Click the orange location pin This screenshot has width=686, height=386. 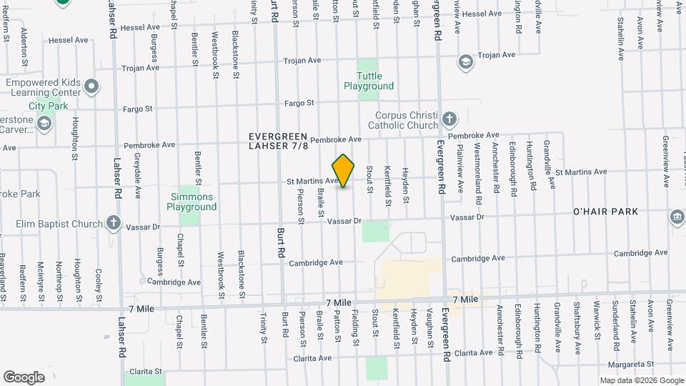[x=344, y=171]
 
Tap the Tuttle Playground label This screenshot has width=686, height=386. [x=369, y=81]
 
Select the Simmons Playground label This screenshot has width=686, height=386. [x=192, y=202]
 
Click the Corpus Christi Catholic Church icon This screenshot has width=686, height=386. [x=449, y=119]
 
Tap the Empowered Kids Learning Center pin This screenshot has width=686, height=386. [x=91, y=88]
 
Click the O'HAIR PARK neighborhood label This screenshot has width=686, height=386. [x=605, y=212]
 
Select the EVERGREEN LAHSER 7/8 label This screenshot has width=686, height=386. [x=279, y=141]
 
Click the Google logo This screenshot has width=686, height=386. [x=24, y=377]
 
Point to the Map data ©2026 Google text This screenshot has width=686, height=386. [x=641, y=380]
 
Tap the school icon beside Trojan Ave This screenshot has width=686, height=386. [x=466, y=62]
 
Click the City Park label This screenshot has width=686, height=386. [x=48, y=106]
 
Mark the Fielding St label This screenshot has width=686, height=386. [x=355, y=325]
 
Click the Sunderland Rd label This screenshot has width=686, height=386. [x=615, y=327]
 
